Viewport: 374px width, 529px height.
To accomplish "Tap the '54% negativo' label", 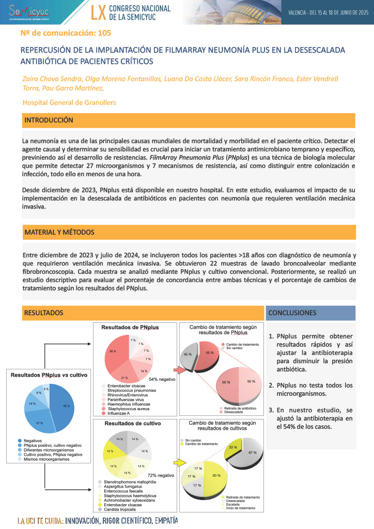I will [162, 379].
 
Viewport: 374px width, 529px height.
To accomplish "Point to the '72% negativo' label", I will [162, 475].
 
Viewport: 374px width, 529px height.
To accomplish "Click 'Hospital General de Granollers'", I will [69, 102].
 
